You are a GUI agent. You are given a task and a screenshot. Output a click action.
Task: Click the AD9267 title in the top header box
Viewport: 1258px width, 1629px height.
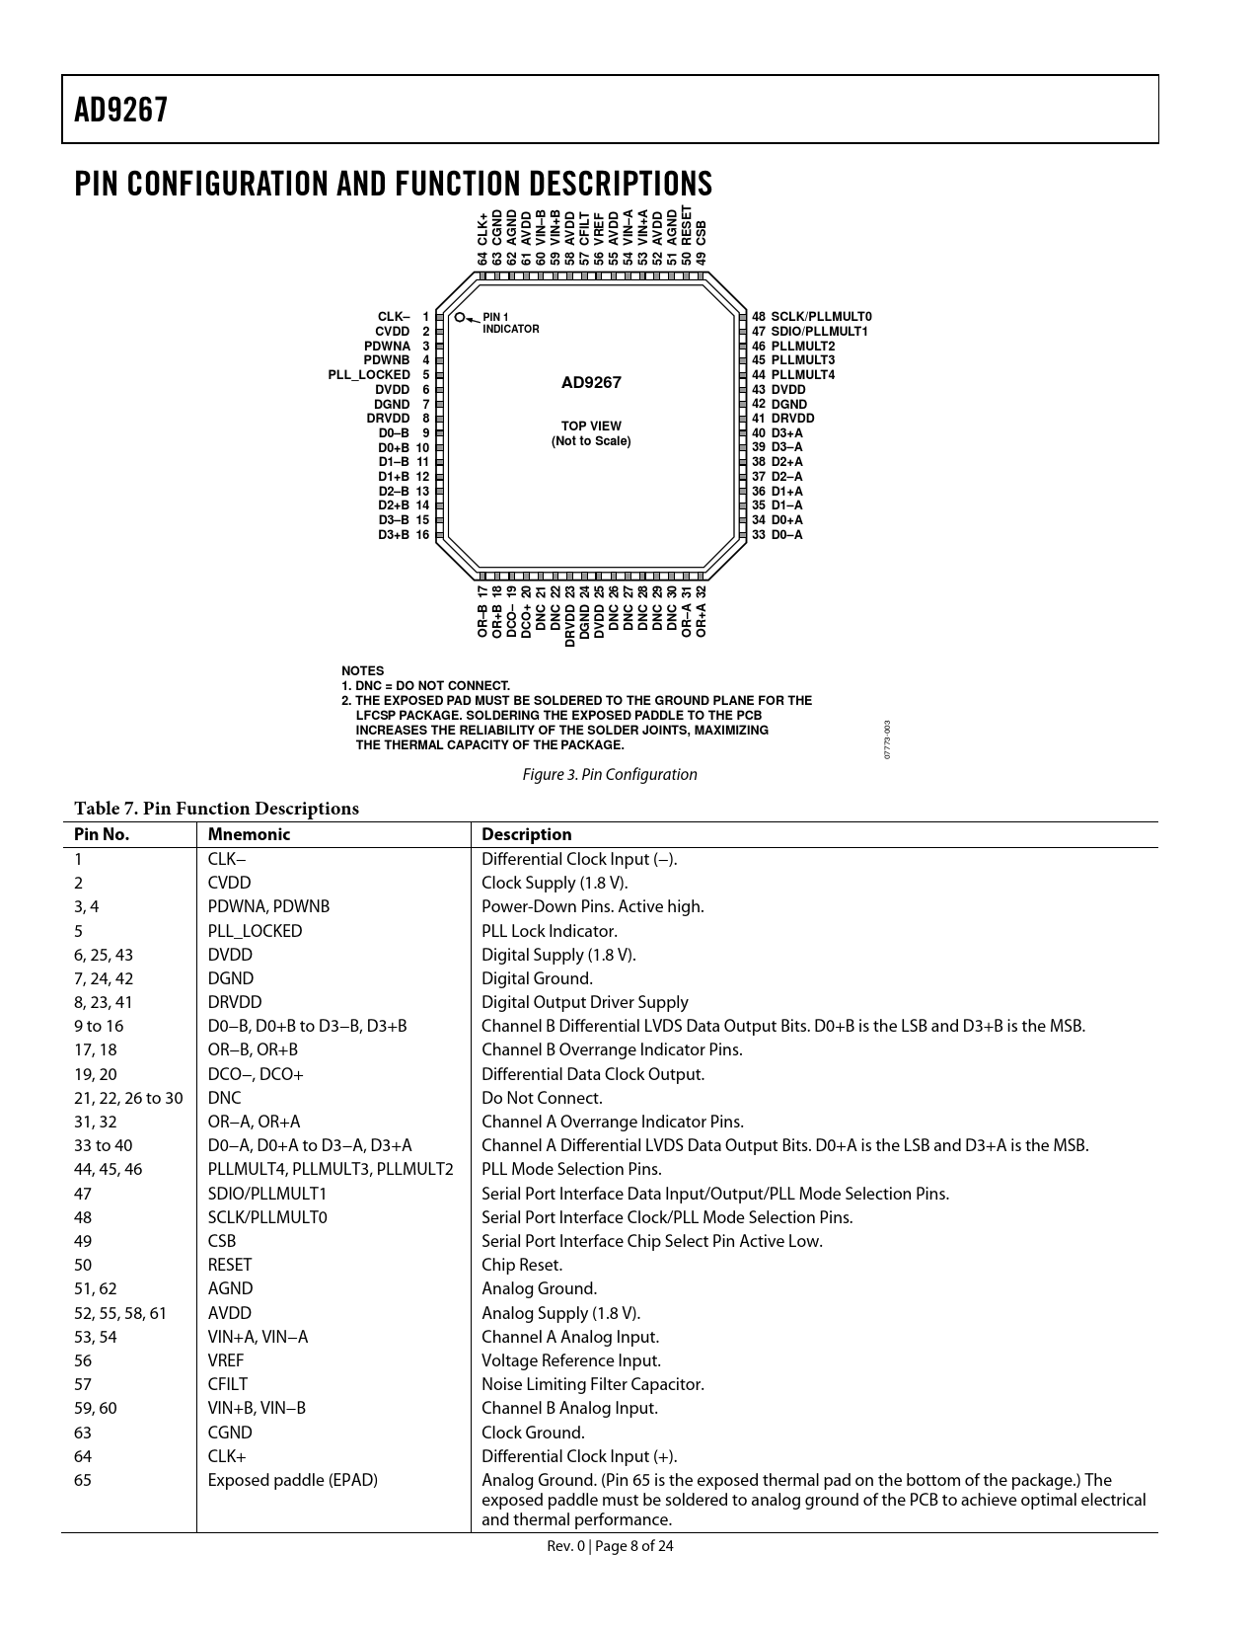(120, 111)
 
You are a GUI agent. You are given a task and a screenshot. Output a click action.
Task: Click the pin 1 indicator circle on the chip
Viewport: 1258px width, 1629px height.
(460, 317)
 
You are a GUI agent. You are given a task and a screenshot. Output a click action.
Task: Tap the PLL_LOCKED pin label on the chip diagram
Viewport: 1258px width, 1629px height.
(369, 375)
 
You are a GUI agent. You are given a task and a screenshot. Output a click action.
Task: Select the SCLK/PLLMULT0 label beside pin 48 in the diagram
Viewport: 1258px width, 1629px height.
(821, 317)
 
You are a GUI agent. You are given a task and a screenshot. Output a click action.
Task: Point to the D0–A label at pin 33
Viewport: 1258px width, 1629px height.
(786, 534)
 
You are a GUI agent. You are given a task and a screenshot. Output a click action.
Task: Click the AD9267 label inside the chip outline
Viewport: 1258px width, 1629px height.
(591, 383)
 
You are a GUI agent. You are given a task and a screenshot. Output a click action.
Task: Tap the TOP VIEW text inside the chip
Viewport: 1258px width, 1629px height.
(591, 426)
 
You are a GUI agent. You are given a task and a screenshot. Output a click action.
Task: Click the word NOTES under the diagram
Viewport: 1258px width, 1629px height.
(363, 671)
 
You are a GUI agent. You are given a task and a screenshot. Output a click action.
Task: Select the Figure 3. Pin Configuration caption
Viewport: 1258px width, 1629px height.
(610, 774)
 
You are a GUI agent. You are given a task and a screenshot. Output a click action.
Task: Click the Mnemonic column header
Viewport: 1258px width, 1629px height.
(249, 834)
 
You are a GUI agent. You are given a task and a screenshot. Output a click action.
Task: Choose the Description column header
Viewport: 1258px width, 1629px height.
(527, 834)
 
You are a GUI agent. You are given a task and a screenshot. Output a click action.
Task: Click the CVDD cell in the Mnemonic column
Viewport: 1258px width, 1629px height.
(229, 883)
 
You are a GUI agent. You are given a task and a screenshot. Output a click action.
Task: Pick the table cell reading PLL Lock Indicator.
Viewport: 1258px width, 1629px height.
(550, 931)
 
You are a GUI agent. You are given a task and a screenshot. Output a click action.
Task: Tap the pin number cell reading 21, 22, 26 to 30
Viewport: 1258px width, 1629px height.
(128, 1098)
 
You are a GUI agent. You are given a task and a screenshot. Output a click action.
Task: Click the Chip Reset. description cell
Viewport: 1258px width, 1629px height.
(522, 1266)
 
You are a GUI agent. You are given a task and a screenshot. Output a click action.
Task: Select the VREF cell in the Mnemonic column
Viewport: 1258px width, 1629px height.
(226, 1360)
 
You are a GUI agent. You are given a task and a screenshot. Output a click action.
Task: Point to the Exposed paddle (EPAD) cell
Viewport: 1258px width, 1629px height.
(293, 1481)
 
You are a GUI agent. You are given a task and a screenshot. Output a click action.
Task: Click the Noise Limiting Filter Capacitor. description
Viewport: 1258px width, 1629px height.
(593, 1384)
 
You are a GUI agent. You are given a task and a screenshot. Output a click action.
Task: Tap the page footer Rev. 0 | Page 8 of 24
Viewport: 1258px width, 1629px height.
(610, 1546)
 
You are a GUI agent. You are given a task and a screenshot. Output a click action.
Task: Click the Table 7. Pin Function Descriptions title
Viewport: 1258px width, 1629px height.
(216, 809)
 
